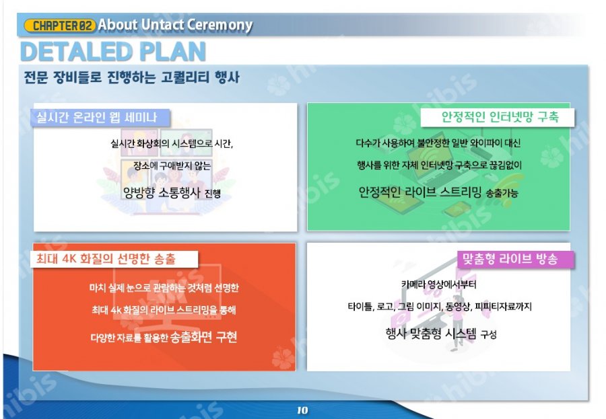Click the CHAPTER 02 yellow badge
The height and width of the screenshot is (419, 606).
click(x=59, y=26)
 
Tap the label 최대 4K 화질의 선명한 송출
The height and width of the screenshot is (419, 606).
click(x=114, y=258)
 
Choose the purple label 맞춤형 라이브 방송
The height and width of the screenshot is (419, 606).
click(x=510, y=259)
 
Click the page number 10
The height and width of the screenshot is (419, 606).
click(x=302, y=410)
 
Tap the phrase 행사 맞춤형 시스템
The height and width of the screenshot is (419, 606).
click(x=431, y=333)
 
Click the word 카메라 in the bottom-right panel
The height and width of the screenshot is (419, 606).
click(x=413, y=284)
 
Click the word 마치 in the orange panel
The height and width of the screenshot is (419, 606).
click(x=98, y=288)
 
